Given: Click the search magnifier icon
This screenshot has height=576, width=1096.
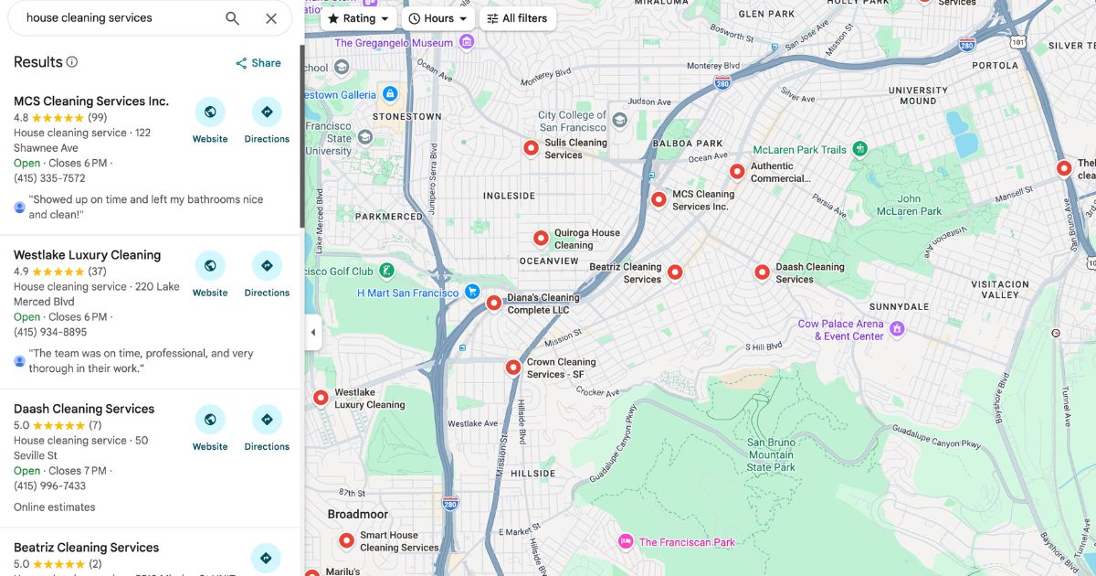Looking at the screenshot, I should [x=232, y=18].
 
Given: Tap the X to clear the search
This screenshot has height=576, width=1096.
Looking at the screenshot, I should [x=271, y=18].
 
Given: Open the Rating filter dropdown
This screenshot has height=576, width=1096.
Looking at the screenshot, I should [x=359, y=18].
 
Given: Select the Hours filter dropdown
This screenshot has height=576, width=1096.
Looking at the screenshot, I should [x=438, y=18].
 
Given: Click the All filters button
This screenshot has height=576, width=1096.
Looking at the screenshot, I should [x=517, y=18].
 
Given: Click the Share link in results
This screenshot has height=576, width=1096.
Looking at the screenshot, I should [x=258, y=63].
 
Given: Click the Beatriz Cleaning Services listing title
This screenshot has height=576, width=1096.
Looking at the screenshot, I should [x=87, y=548].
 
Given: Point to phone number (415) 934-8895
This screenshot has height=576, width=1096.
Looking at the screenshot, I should [x=50, y=332].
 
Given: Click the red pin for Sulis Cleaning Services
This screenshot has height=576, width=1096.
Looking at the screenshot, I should [x=531, y=147].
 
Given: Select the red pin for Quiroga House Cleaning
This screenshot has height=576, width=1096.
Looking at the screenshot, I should [x=541, y=238].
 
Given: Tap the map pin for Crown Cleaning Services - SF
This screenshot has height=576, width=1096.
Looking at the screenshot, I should [x=513, y=367].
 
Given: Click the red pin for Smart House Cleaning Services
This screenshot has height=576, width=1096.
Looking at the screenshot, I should [x=346, y=540].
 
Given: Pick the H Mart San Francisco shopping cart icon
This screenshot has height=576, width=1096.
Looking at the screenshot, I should [x=472, y=292].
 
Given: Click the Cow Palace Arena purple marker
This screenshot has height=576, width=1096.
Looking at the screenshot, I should [x=898, y=328].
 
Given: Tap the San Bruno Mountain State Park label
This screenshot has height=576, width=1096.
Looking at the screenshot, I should [x=770, y=454].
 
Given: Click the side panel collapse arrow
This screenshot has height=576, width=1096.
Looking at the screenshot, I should [x=313, y=332].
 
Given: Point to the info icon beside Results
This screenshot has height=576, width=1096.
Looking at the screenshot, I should [x=72, y=62].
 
